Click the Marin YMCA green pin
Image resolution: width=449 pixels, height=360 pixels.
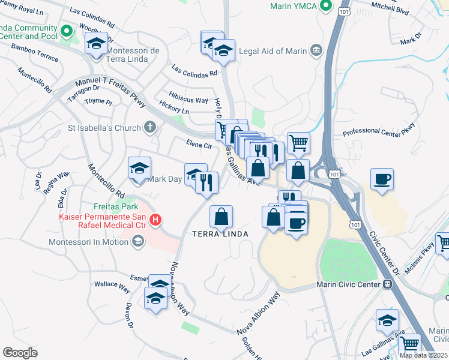point(326,7)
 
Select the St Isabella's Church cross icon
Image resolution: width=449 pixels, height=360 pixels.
point(150,127)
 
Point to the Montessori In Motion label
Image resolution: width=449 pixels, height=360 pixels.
point(89,242)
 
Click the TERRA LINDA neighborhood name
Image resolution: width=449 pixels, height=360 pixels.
point(220,233)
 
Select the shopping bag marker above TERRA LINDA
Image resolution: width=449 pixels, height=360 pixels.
point(221,217)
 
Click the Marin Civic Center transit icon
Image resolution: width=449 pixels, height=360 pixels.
point(388,284)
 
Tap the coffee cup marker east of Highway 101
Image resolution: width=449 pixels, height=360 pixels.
point(382,179)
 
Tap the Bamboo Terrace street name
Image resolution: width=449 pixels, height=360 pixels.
point(35,52)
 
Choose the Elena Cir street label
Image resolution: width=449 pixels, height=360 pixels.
point(199,145)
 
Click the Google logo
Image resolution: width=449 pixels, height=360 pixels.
point(20,352)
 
